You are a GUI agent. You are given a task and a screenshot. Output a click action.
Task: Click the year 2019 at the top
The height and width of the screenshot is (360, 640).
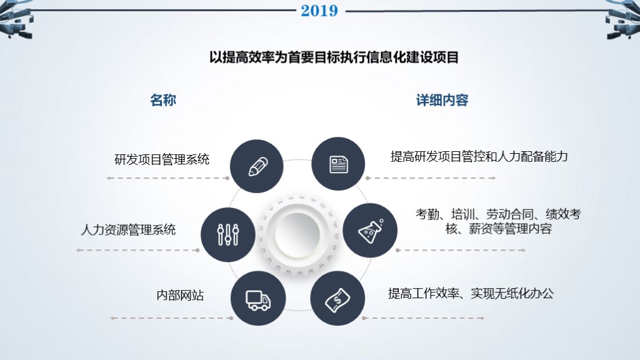pyautogui.click(x=319, y=11)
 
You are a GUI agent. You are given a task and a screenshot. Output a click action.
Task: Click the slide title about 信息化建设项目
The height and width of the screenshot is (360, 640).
pyautogui.click(x=334, y=57)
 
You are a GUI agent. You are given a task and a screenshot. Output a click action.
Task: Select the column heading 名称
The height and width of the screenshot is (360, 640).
pyautogui.click(x=162, y=100)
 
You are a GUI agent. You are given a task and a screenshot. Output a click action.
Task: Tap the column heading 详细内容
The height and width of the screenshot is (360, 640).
pyautogui.click(x=442, y=100)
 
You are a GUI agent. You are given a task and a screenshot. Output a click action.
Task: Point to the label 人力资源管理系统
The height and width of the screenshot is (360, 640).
pyautogui.click(x=128, y=229)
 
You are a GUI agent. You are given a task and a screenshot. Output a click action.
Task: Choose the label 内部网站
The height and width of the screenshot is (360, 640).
pyautogui.click(x=180, y=295)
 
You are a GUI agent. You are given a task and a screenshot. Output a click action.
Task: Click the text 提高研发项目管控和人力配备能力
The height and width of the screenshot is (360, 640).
pyautogui.click(x=479, y=156)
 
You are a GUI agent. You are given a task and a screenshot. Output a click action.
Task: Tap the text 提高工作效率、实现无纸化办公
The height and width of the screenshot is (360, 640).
pyautogui.click(x=471, y=292)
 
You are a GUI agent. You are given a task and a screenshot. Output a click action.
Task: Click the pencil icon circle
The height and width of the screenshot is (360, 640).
pyautogui.click(x=257, y=166)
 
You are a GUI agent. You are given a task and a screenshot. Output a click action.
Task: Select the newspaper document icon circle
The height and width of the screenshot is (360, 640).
pyautogui.click(x=338, y=164)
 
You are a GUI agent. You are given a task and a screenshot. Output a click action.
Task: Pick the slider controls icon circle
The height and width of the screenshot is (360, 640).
pyautogui.click(x=228, y=234)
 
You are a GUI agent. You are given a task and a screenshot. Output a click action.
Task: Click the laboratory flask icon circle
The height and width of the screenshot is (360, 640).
pyautogui.click(x=371, y=230)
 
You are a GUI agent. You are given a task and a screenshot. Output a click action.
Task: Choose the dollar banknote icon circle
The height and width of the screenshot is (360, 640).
pyautogui.click(x=338, y=299)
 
